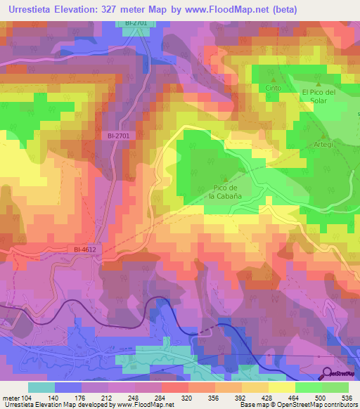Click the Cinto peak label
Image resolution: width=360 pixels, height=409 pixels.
273,89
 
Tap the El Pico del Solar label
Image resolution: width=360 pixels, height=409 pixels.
320,96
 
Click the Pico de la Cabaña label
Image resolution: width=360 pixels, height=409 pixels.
225,192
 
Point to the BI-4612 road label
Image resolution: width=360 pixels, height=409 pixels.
85,249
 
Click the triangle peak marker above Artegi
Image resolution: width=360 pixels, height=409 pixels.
323,136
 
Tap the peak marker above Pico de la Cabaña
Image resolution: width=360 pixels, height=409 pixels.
225,178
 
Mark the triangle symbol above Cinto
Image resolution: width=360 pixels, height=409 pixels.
273,79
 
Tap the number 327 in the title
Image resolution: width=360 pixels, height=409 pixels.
118,10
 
